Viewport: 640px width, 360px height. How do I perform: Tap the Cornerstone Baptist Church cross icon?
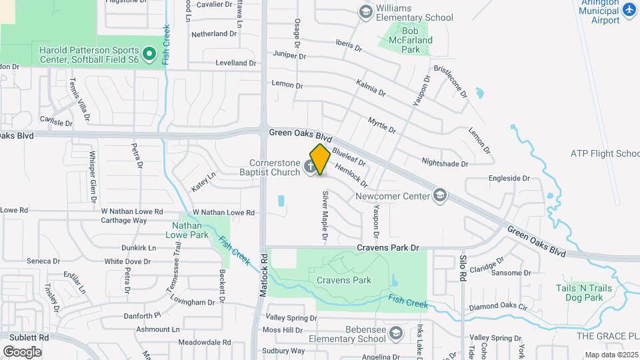point(311,167)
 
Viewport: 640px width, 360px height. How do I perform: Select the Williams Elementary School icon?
point(365,11)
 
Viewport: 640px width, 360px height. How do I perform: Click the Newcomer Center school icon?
point(439,195)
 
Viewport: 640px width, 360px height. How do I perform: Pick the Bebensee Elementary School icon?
point(395,333)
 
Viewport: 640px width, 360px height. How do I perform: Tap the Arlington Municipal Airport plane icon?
point(629,10)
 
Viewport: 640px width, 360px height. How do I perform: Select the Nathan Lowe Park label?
point(186,230)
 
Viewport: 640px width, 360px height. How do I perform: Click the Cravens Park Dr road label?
point(387,247)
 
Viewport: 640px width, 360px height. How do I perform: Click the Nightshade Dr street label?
point(446,161)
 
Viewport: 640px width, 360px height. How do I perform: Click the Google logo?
point(22,351)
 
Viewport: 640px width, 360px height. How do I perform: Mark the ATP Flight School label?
point(605,153)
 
